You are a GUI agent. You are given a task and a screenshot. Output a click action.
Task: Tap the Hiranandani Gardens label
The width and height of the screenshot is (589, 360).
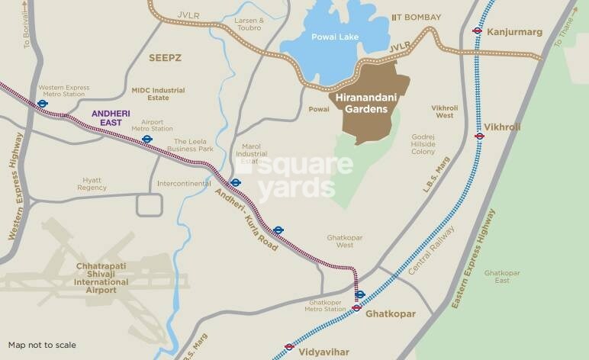tap(364, 104)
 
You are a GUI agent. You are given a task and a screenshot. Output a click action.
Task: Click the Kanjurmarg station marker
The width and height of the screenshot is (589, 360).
tap(478, 31)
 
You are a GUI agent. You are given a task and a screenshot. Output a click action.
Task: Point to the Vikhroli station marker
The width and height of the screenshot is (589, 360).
tap(479, 136)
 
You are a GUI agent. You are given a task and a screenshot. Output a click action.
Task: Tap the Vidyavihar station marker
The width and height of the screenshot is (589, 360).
tap(289, 346)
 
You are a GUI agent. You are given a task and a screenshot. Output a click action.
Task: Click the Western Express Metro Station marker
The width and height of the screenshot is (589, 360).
tap(43, 104)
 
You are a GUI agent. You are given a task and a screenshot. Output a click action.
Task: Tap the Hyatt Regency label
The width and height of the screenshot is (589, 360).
tap(92, 183)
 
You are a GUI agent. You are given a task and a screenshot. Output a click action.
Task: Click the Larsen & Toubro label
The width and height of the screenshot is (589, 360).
tap(249, 24)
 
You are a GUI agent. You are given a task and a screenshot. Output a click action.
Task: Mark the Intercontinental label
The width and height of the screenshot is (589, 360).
tap(183, 184)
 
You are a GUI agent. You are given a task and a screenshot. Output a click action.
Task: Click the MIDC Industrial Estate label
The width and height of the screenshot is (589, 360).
tap(158, 94)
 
